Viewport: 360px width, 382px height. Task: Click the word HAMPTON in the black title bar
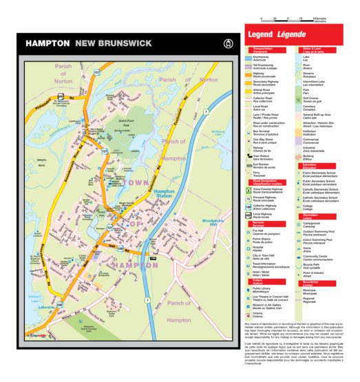click(x=47, y=43)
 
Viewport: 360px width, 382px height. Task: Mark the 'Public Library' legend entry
click(x=264, y=290)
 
